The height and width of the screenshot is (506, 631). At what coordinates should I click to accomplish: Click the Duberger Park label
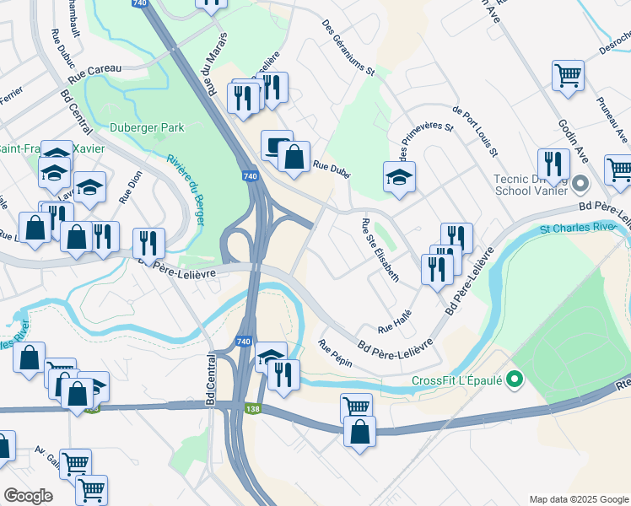click(147, 128)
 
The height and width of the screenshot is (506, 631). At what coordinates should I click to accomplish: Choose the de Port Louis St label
click(476, 132)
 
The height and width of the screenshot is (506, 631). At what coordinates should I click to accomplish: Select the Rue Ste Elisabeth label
click(380, 250)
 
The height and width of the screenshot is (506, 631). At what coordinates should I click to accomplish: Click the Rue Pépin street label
click(334, 353)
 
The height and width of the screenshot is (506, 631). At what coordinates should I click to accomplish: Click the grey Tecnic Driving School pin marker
click(580, 183)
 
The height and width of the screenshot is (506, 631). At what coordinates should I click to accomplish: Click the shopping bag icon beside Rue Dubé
click(294, 156)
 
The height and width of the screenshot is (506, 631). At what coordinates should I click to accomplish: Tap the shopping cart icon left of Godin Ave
click(568, 74)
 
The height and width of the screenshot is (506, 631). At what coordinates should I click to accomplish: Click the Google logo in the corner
click(28, 496)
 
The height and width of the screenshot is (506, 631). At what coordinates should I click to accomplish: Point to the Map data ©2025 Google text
click(579, 499)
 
